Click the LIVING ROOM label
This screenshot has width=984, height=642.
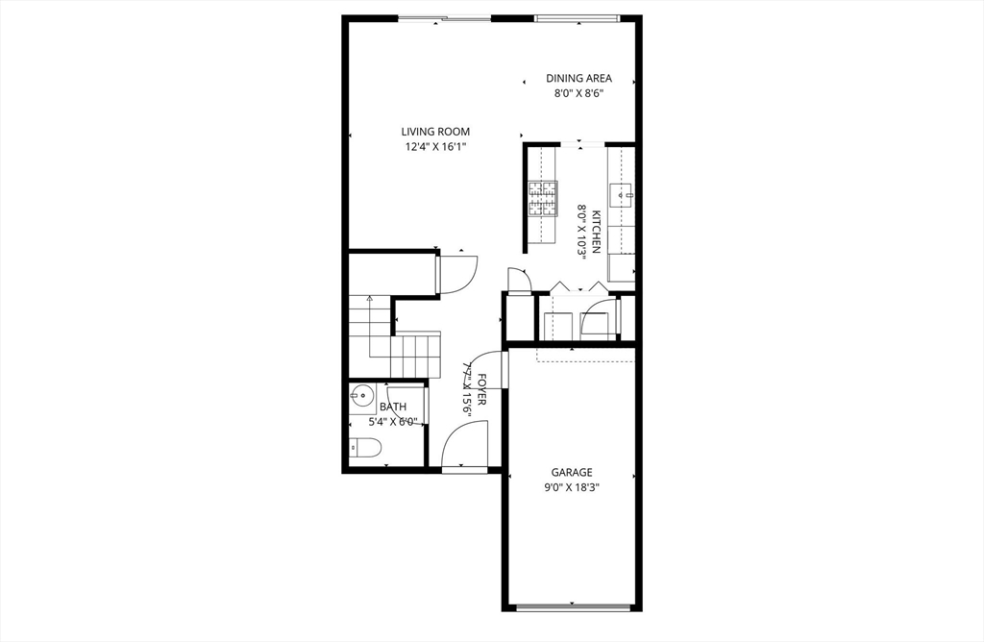click(435, 132)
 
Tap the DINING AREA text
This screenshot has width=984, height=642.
click(578, 79)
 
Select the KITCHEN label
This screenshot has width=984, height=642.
click(597, 232)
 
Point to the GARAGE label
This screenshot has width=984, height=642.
click(571, 472)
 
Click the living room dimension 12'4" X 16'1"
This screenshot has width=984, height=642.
click(435, 147)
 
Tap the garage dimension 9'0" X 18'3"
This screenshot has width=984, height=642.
click(571, 487)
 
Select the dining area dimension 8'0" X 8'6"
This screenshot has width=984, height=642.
click(578, 94)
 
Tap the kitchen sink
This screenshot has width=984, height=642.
click(622, 196)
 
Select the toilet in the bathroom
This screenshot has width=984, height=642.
click(366, 446)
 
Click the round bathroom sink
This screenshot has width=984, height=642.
click(362, 393)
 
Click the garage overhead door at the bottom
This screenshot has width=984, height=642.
click(573, 607)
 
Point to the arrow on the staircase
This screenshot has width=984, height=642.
click(369, 301)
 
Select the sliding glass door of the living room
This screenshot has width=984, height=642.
click(445, 17)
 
